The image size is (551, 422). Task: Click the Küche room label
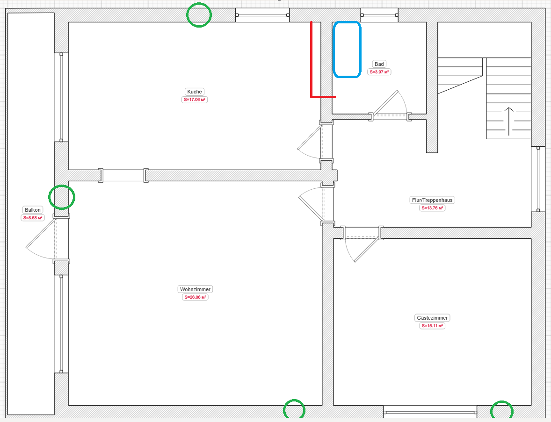[x=194, y=92]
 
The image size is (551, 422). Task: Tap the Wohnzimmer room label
[x=195, y=289]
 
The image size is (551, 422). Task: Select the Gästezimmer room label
[x=432, y=318]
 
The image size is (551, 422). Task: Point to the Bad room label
[x=379, y=64]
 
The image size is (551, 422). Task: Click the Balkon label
[x=33, y=210]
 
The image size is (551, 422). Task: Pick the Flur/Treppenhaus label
[x=432, y=200]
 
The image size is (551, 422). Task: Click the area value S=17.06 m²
[x=194, y=100]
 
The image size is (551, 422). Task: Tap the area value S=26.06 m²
[x=195, y=297]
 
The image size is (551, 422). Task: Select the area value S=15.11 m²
[x=432, y=326]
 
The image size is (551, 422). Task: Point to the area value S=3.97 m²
[x=379, y=72]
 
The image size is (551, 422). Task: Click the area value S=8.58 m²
[x=33, y=218]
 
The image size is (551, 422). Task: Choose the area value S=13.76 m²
[x=432, y=208]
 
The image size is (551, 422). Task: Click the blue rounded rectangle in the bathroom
[x=333, y=49]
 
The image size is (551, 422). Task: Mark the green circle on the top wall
[x=187, y=15]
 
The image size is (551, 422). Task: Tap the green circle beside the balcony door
[x=50, y=197]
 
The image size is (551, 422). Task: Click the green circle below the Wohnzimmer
[x=284, y=409]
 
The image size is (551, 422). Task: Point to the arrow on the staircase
[x=509, y=122]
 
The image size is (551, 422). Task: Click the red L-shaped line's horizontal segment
[x=323, y=97]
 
